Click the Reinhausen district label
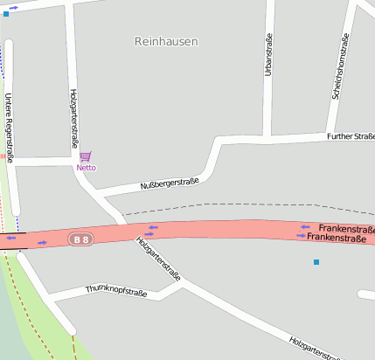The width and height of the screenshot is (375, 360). click(x=166, y=41)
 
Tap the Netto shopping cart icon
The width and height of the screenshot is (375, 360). click(x=85, y=156)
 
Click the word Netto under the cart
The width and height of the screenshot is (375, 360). click(x=86, y=167)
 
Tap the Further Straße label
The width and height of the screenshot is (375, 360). click(x=350, y=136)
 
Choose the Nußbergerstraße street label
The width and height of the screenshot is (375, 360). click(x=170, y=184)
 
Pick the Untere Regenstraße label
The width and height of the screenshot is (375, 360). click(x=9, y=128)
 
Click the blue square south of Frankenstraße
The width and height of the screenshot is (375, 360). click(x=316, y=262)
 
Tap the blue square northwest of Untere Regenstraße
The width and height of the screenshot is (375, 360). click(x=6, y=15)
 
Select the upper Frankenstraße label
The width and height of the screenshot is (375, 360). click(x=346, y=228)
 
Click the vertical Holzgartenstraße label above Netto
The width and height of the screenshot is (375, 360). click(x=73, y=117)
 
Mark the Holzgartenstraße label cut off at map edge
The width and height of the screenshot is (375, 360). click(x=315, y=349)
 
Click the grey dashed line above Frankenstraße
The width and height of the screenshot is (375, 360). click(x=245, y=207)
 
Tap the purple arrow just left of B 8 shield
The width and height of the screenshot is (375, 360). click(x=42, y=242)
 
